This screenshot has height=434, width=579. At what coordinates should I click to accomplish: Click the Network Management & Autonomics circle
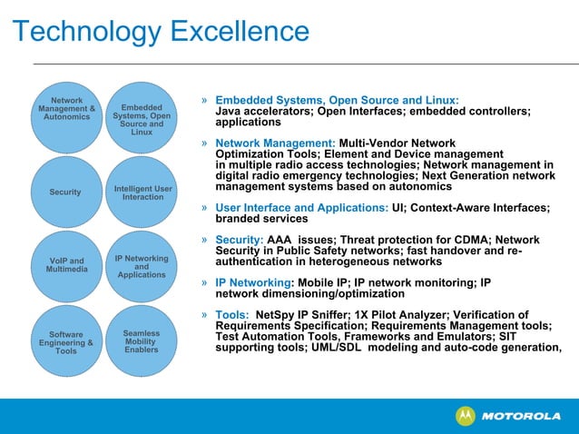pyautogui.click(x=67, y=116)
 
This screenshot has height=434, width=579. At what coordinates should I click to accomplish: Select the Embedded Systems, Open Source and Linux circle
pyautogui.click(x=142, y=116)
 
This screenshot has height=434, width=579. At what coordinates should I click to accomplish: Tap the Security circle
pyautogui.click(x=66, y=192)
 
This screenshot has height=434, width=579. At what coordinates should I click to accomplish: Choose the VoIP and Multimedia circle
pyautogui.click(x=66, y=266)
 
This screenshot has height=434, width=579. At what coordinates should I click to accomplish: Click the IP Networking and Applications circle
pyautogui.click(x=142, y=266)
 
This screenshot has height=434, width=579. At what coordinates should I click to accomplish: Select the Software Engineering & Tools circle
pyautogui.click(x=66, y=341)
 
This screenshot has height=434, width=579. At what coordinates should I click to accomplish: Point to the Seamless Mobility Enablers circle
pyautogui.click(x=142, y=341)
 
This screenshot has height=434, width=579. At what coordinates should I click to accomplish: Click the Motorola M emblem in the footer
pyautogui.click(x=465, y=416)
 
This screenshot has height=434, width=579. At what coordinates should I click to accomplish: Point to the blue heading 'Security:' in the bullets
pyautogui.click(x=240, y=241)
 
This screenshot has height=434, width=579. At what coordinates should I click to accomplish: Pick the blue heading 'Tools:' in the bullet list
pyautogui.click(x=233, y=315)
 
